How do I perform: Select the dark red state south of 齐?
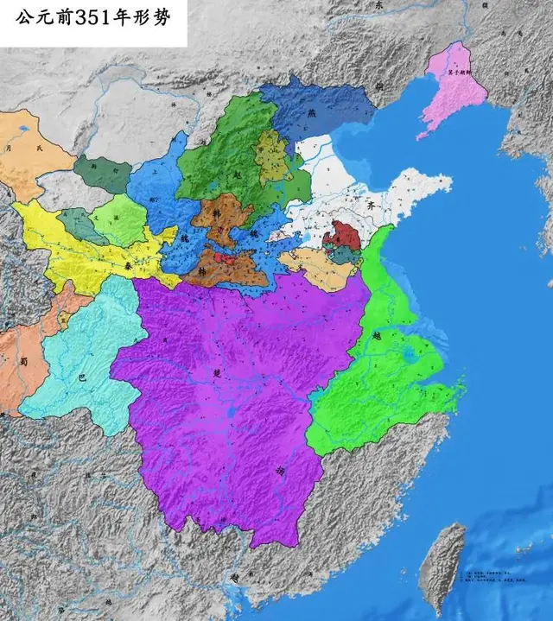tap(346, 235)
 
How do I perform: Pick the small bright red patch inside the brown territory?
tap(227, 257)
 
